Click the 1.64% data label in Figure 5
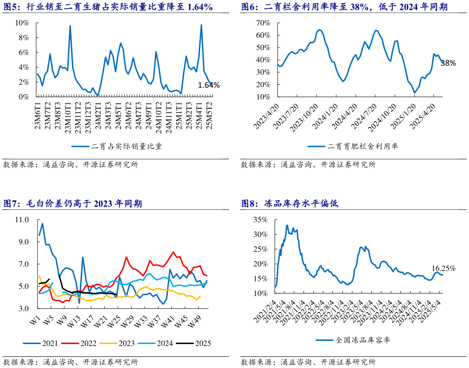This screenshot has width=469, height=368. pos(209,86)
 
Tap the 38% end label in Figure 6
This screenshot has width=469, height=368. pos(448,63)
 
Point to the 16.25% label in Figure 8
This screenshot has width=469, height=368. pos(444,268)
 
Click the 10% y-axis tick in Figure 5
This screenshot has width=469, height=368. pos(22,23)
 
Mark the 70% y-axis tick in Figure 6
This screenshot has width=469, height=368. pos(263,23)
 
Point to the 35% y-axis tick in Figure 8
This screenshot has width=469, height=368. pos(260,220)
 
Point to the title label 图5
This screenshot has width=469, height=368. pos(12,7)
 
